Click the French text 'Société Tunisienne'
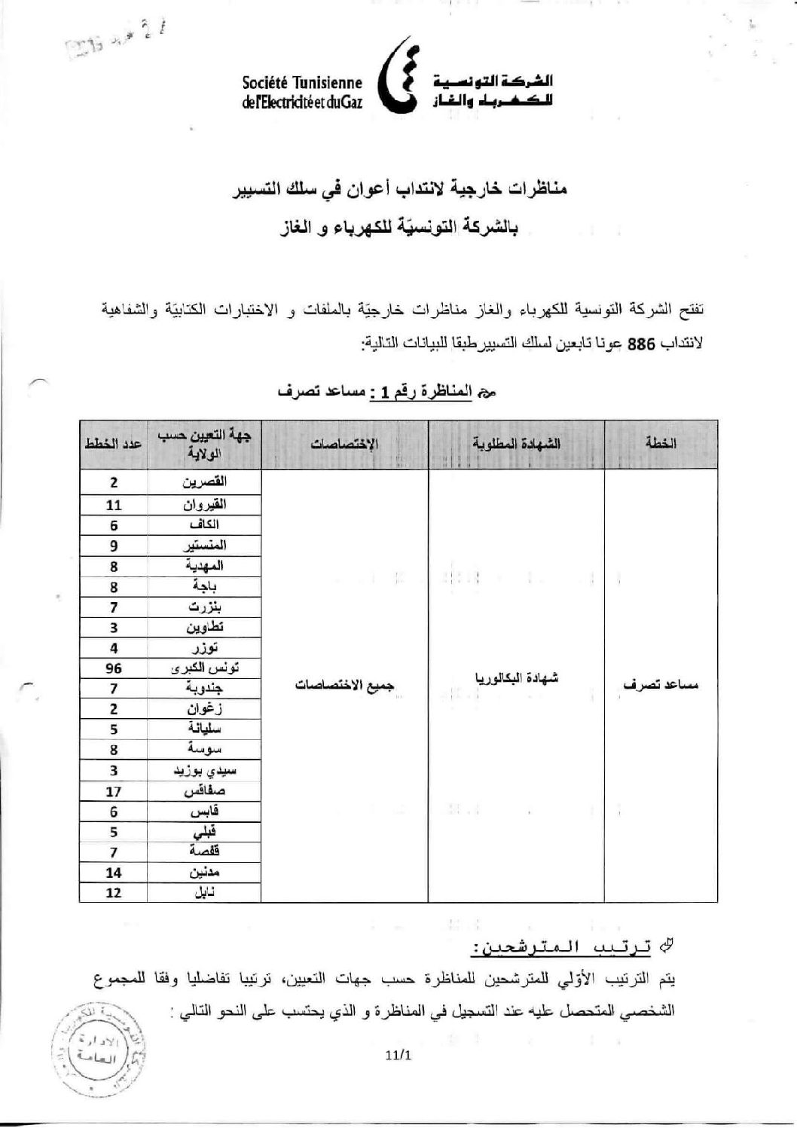[x=302, y=83]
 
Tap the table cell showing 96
[x=113, y=668]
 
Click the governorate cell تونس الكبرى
[x=205, y=668]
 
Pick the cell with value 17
[x=113, y=791]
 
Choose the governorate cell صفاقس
[x=205, y=791]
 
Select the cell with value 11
[x=113, y=504]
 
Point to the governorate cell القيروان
[x=205, y=504]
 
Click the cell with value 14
[x=113, y=873]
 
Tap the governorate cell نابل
[x=205, y=893]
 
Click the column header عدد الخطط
[x=113, y=444]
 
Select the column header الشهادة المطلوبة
[x=516, y=444]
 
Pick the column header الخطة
[x=661, y=444]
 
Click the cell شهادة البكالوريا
[x=516, y=678]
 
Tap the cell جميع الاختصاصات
[x=345, y=686]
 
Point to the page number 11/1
[x=398, y=1055]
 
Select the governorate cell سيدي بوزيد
[x=205, y=771]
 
